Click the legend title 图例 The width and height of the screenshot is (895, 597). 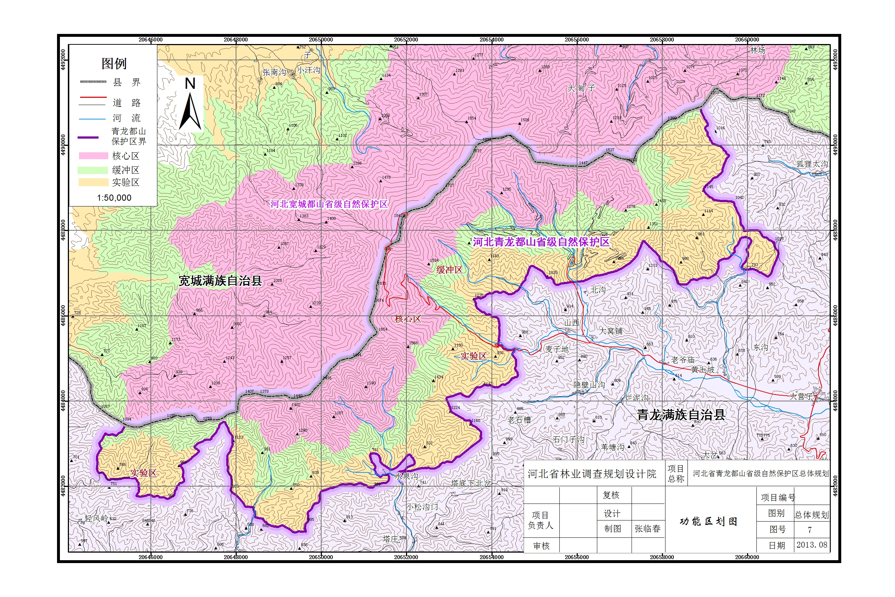(114, 64)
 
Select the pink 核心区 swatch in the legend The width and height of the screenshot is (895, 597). (93, 156)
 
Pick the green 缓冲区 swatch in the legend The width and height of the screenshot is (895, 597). (93, 170)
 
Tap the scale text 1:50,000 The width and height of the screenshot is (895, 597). (114, 197)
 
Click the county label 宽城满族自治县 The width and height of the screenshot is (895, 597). (221, 281)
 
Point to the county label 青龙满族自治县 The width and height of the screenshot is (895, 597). (681, 415)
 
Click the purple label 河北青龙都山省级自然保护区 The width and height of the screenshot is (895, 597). (541, 242)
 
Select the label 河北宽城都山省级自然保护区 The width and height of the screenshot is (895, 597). (328, 204)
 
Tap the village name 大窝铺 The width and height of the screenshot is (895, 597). (611, 331)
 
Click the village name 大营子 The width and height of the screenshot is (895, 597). (800, 396)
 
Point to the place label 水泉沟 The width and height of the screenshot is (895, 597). (406, 476)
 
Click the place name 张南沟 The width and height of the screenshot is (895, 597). (274, 72)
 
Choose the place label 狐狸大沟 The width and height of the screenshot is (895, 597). (812, 164)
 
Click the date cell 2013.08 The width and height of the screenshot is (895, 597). (812, 545)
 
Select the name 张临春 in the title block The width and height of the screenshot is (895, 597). (647, 528)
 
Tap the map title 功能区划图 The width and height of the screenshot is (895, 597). (708, 521)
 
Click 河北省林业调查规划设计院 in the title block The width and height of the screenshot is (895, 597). (591, 474)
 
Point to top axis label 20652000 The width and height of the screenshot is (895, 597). (406, 40)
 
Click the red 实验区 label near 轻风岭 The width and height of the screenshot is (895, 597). (143, 473)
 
